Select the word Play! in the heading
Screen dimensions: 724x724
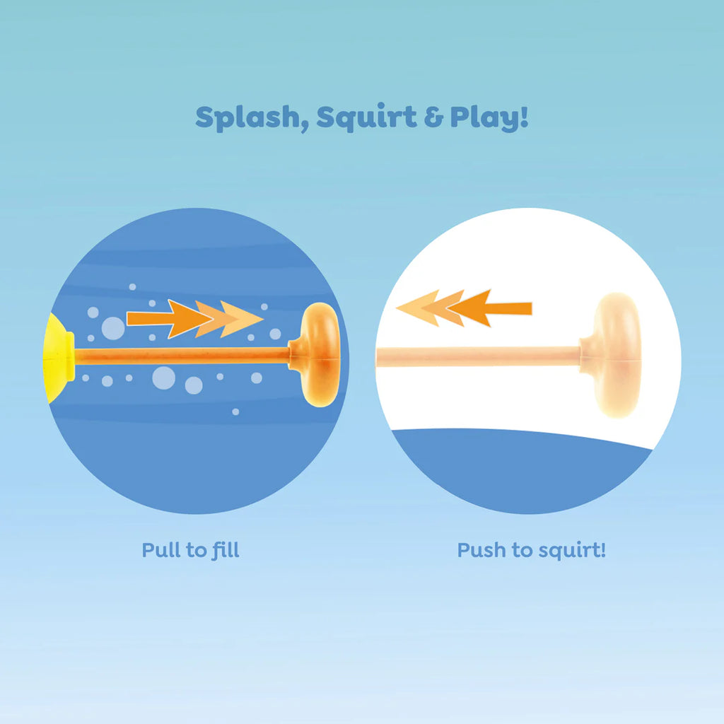(x=489, y=118)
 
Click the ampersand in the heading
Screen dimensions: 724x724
(x=433, y=118)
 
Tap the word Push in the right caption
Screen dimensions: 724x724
(x=479, y=550)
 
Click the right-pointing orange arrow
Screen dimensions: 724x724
(x=194, y=319)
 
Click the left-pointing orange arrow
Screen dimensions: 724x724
(x=463, y=308)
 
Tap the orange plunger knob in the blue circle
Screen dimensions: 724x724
(x=320, y=355)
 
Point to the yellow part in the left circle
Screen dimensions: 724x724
(x=58, y=357)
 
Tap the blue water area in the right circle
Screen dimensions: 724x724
(x=523, y=470)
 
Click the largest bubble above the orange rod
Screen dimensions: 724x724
(x=113, y=328)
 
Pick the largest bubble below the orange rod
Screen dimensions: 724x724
(x=163, y=378)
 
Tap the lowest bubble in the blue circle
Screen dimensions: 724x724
(x=235, y=411)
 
